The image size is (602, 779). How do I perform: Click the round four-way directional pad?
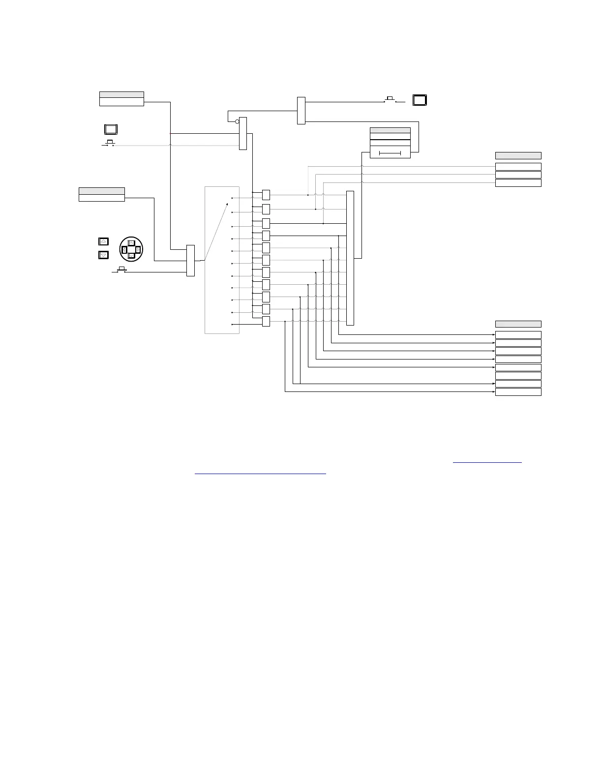coord(131,249)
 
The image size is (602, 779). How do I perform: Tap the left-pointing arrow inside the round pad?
coord(124,250)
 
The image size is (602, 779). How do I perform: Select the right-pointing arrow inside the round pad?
coord(138,250)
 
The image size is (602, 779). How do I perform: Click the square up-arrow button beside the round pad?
coord(103,241)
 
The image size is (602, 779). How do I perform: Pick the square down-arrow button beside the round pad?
coord(103,255)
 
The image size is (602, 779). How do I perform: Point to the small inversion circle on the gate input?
coord(237,121)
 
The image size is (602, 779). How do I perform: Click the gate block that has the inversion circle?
coord(243,133)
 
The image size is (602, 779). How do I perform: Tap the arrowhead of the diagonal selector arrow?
coord(233,198)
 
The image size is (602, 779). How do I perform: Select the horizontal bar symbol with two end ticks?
coord(390,153)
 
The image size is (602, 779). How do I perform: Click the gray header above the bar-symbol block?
coord(390,130)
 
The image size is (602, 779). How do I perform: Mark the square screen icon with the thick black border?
coord(420,100)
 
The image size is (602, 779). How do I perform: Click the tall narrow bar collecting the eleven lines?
coord(350,258)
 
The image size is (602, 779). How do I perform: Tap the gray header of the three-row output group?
coord(518,155)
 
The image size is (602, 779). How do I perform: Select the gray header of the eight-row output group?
coord(518,324)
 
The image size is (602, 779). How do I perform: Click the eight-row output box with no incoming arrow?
coord(518,376)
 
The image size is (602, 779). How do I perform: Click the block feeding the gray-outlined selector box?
coord(191,261)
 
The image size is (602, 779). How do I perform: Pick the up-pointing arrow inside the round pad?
coord(131,243)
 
